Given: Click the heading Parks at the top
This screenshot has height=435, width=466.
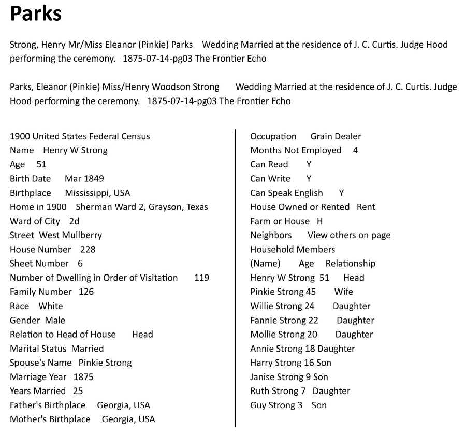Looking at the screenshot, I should (x=36, y=14).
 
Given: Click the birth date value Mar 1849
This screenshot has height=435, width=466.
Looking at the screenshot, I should (x=84, y=179).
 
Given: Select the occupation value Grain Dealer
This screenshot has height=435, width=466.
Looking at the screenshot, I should (x=336, y=137).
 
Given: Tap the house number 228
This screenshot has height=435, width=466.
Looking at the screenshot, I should (x=88, y=249).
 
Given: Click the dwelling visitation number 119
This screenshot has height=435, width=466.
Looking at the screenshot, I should (x=201, y=278).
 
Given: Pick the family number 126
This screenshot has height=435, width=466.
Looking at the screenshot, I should (x=86, y=292).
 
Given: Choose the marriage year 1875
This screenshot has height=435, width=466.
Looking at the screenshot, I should (x=83, y=376).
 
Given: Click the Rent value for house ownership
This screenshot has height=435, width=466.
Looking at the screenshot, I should (x=366, y=207).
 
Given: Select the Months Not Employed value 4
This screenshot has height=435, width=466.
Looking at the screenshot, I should (x=355, y=151).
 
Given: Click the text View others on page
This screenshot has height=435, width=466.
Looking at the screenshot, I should (x=349, y=235).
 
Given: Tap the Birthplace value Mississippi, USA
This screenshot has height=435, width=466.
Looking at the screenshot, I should (x=97, y=193).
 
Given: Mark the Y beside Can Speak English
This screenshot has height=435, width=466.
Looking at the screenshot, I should (x=341, y=193).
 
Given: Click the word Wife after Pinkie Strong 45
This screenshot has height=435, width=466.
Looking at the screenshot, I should (x=343, y=292).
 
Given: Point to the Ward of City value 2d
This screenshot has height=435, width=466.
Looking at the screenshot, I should (x=74, y=221).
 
